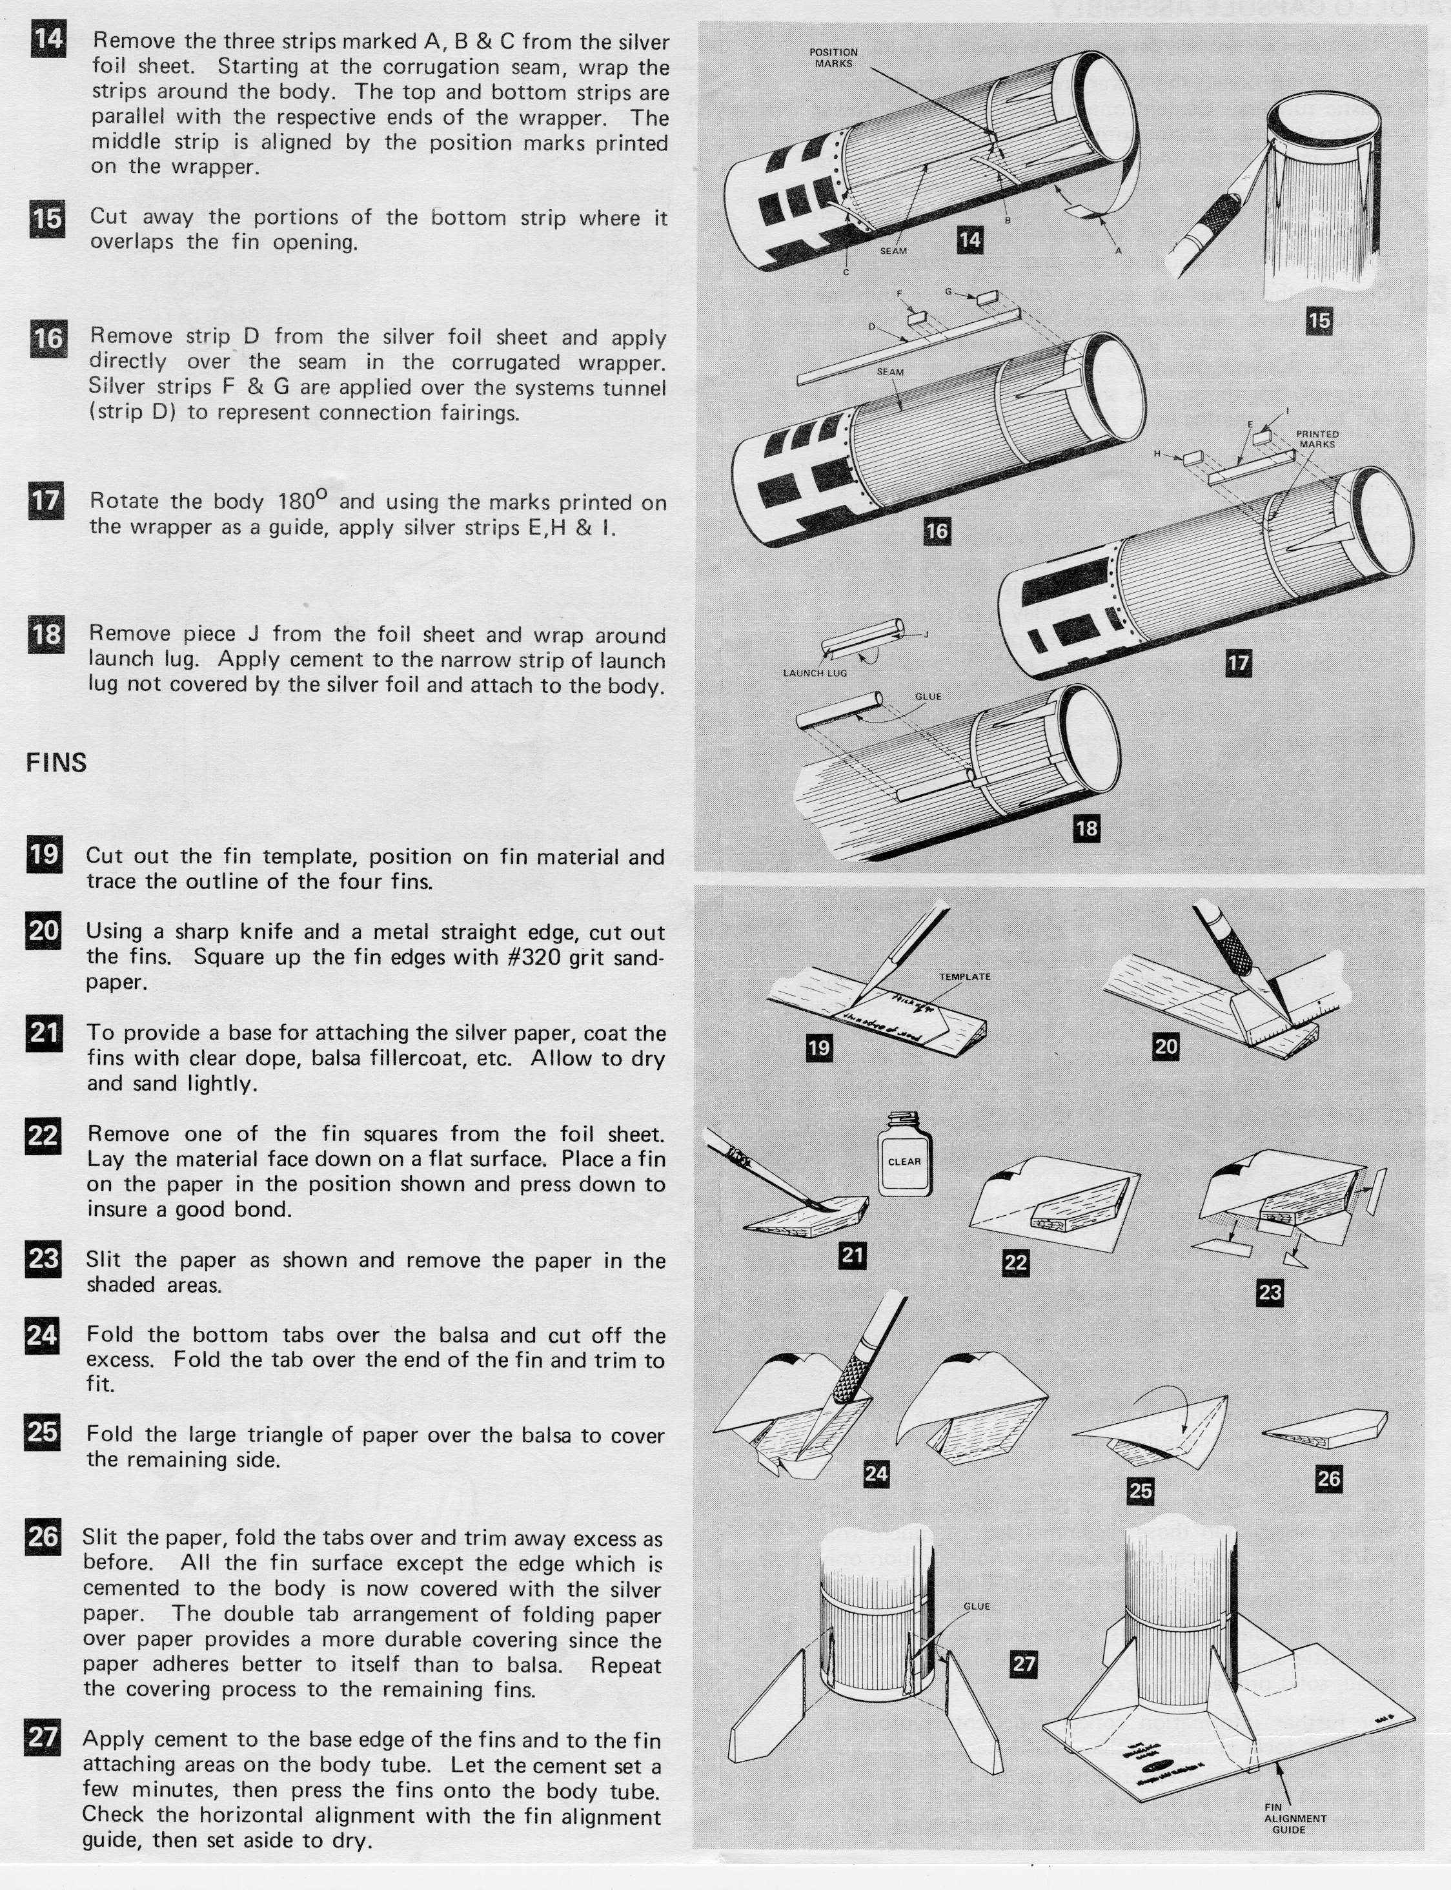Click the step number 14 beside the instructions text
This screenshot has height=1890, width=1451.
click(x=48, y=41)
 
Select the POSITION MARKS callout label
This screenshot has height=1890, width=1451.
click(x=833, y=58)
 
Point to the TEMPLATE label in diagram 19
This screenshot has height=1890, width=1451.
click(x=965, y=977)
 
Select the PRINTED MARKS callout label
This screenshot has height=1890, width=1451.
click(x=1317, y=439)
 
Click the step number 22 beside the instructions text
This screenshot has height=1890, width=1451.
click(x=43, y=1134)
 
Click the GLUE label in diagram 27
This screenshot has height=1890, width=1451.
click(x=976, y=1607)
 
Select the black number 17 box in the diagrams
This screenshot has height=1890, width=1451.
click(x=1237, y=663)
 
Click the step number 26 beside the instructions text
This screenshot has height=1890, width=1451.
click(x=43, y=1537)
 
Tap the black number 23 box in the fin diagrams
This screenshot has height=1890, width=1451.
click(x=1269, y=1293)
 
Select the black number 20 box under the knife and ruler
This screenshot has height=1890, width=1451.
click(x=1165, y=1047)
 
